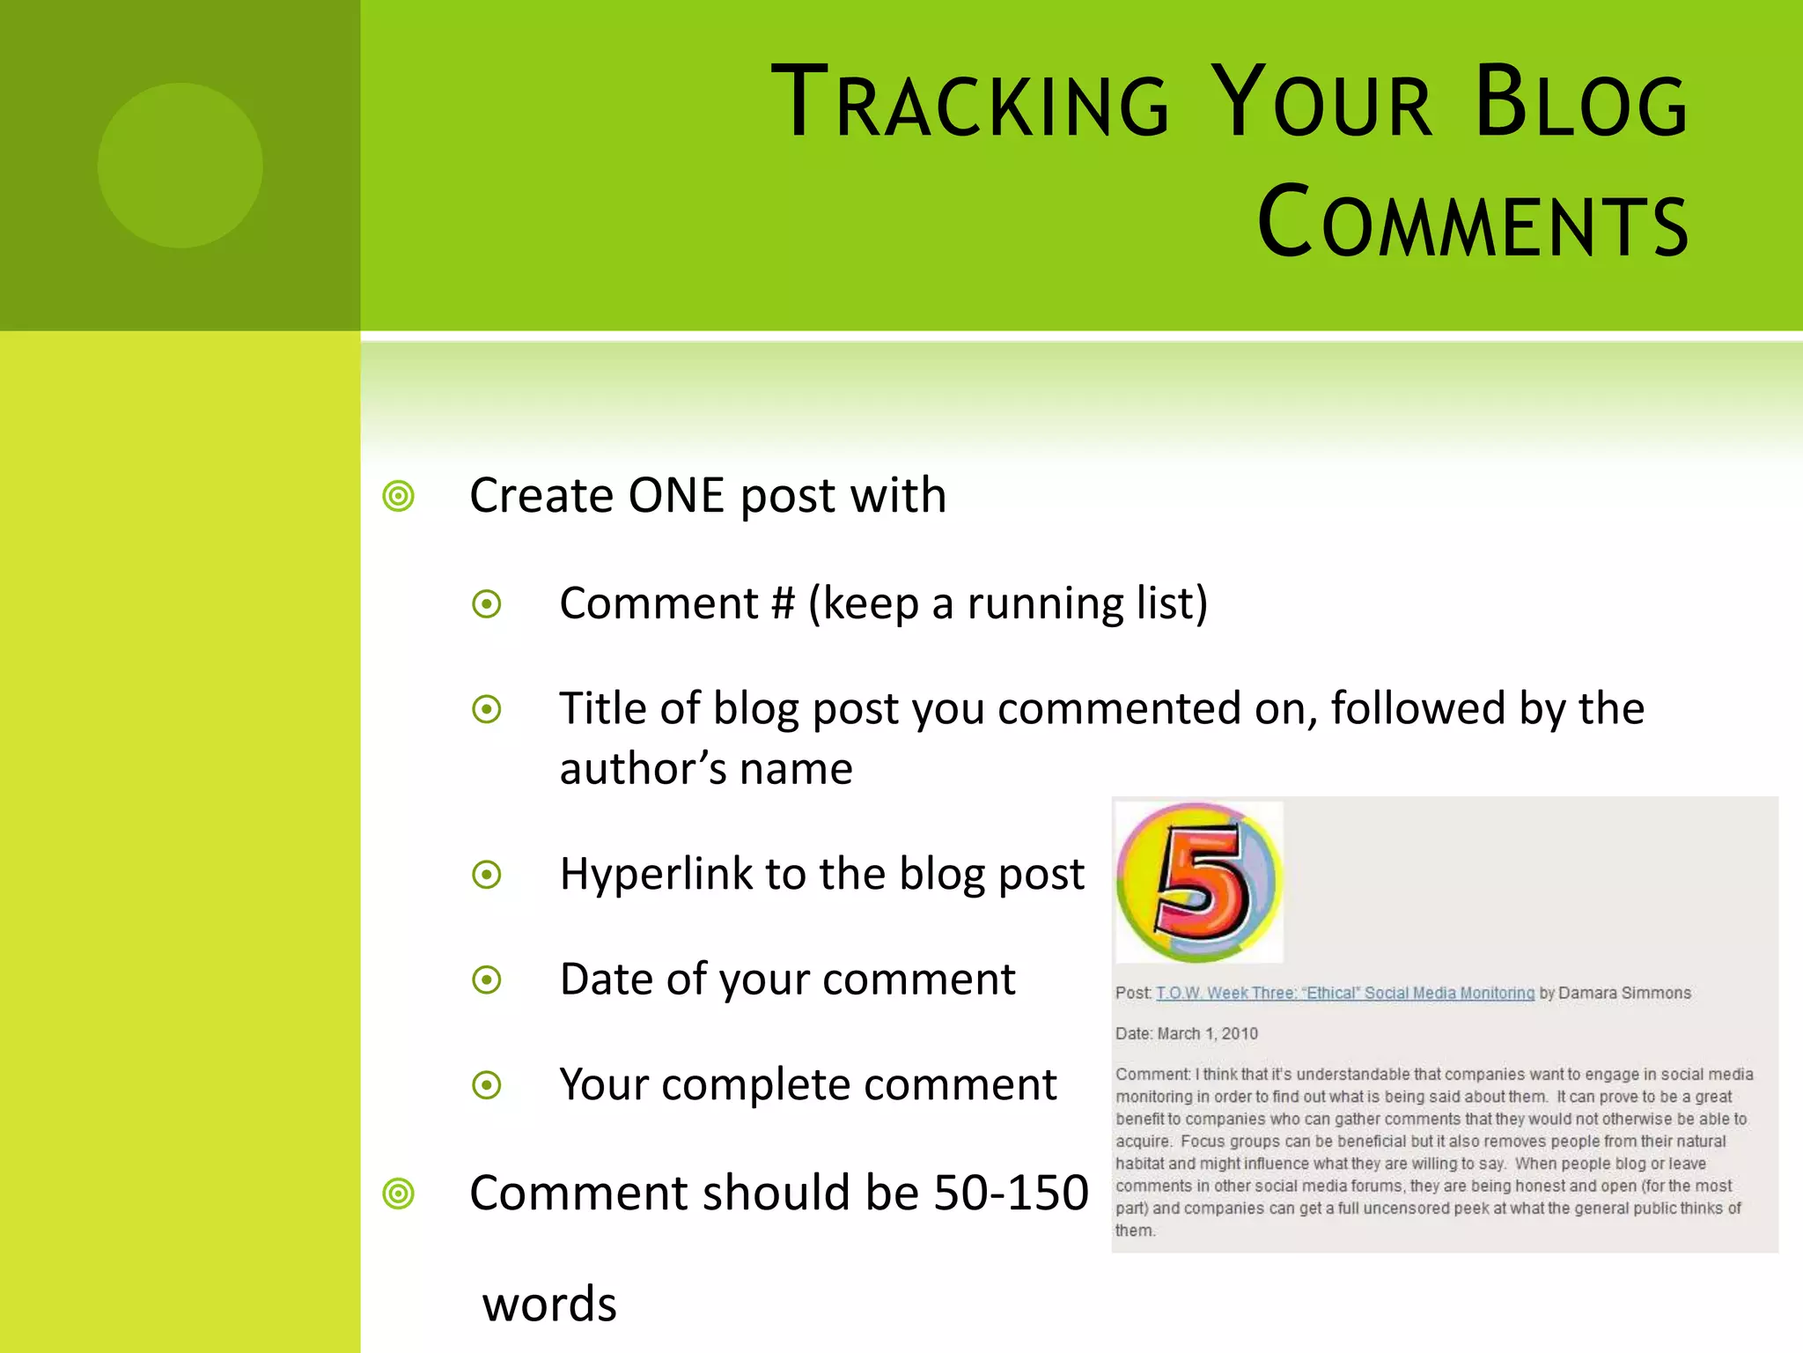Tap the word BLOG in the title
tap(1580, 104)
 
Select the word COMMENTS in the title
tap(1473, 223)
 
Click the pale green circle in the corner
tap(180, 166)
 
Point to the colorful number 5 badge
tap(1199, 881)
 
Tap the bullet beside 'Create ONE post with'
tap(399, 496)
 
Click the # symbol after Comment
tap(783, 604)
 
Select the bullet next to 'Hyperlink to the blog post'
tap(487, 875)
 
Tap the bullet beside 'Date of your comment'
tap(487, 980)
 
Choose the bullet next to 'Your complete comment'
tap(487, 1084)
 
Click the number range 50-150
tap(1011, 1193)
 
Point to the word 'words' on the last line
tap(549, 1304)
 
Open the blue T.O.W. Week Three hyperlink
tap(1344, 993)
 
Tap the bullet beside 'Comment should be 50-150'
tap(399, 1194)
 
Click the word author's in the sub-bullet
tap(642, 769)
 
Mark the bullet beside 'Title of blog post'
tap(487, 709)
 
